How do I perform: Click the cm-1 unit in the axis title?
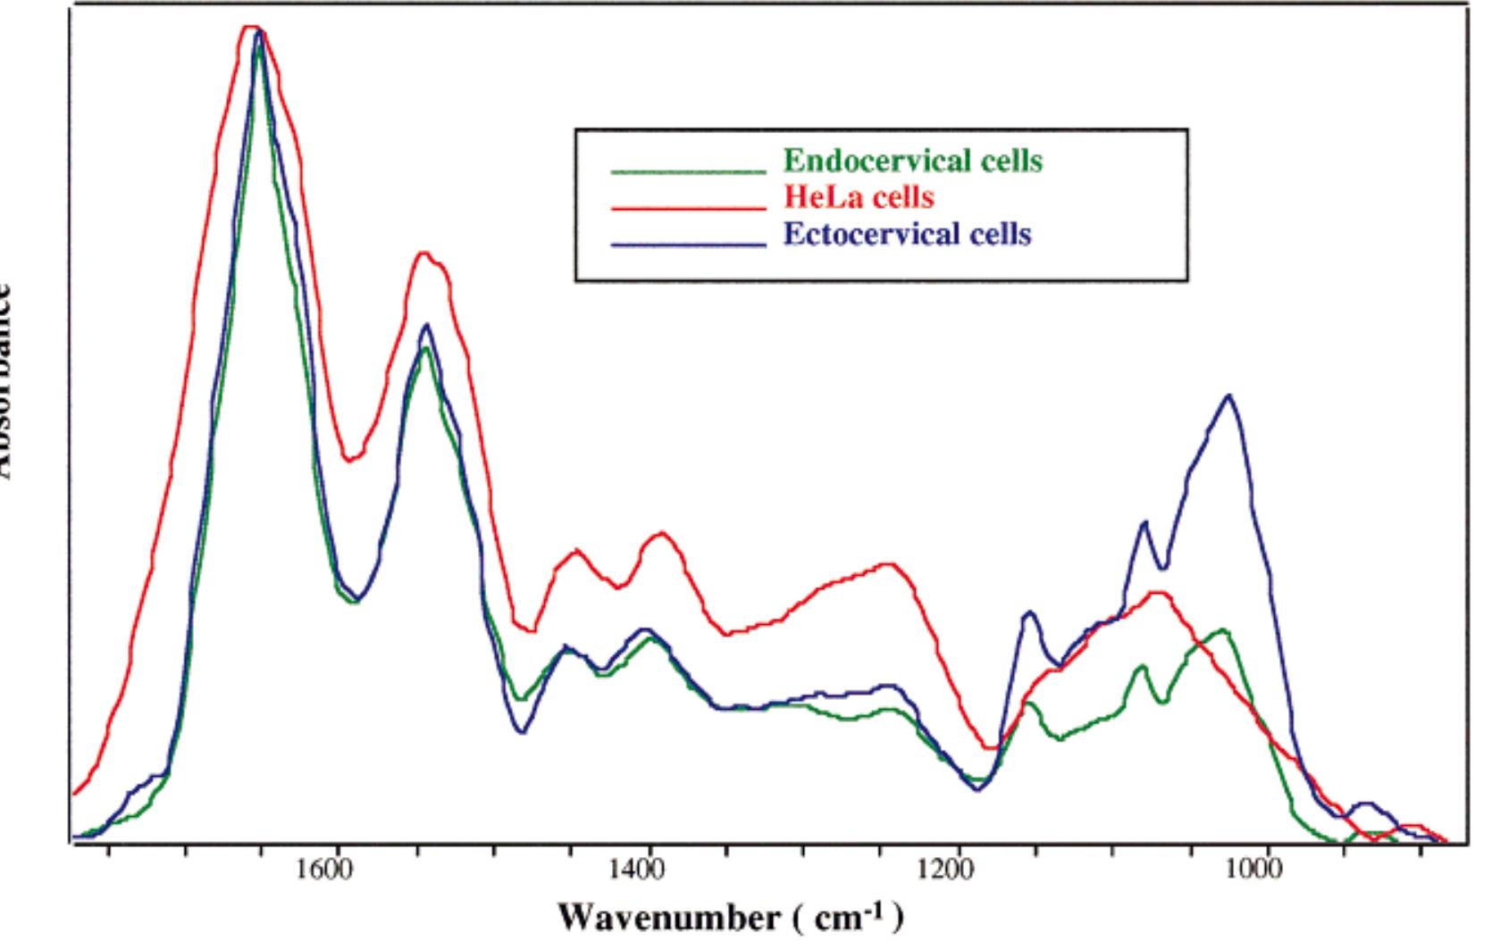pos(850,917)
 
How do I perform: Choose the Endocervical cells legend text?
pos(912,161)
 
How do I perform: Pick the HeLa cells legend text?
pos(859,196)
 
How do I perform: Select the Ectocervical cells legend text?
pos(907,234)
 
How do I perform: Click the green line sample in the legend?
pos(688,170)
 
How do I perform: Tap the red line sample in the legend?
pos(688,207)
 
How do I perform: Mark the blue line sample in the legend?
pos(688,244)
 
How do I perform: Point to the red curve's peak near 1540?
pos(426,254)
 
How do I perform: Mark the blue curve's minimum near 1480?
pos(523,732)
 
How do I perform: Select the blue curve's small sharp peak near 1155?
pos(1030,612)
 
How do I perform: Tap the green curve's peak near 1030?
pos(1222,630)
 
